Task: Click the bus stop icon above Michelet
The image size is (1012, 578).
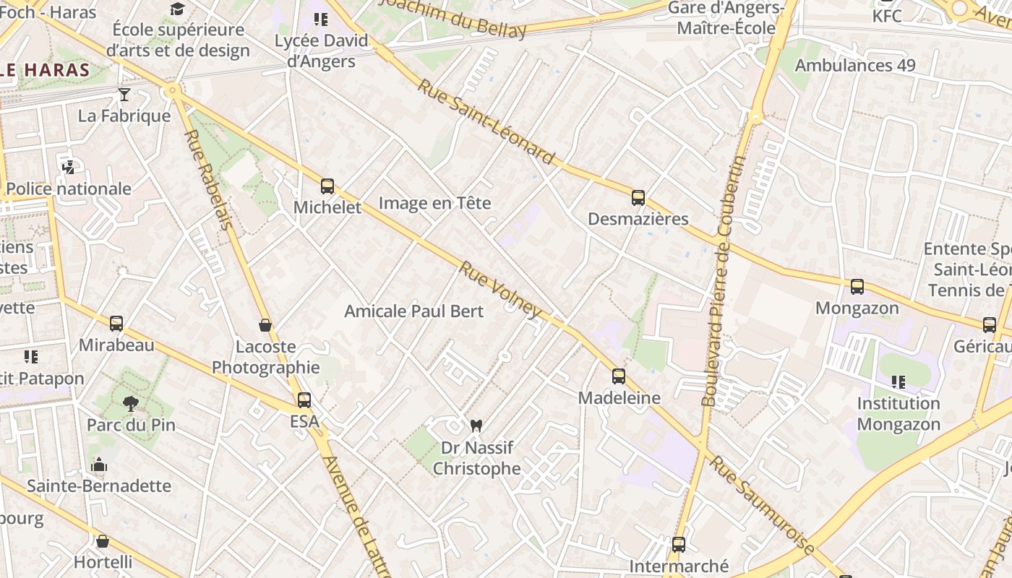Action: click(x=327, y=186)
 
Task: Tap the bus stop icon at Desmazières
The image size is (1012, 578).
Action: click(x=638, y=197)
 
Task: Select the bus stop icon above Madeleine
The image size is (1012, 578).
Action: click(x=618, y=376)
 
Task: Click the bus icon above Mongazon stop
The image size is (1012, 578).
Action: click(x=857, y=287)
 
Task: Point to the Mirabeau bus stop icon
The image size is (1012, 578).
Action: click(x=116, y=323)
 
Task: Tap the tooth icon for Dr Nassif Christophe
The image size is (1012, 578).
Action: click(x=476, y=426)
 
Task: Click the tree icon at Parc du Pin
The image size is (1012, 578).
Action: click(x=131, y=403)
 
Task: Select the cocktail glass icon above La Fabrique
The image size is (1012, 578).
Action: click(x=124, y=95)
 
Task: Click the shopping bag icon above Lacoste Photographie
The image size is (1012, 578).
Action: click(x=265, y=325)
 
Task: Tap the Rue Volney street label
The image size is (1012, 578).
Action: click(x=499, y=289)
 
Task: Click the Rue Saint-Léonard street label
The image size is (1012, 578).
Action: click(x=486, y=121)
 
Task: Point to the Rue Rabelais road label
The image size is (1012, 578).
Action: click(x=208, y=180)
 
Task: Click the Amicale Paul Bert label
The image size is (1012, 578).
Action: click(x=414, y=311)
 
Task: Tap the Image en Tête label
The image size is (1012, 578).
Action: click(x=434, y=203)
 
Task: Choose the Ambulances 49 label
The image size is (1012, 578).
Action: click(x=855, y=65)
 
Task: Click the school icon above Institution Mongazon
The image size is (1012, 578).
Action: click(x=898, y=381)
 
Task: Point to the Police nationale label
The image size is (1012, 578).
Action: click(x=69, y=189)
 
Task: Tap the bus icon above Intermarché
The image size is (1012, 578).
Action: click(x=678, y=544)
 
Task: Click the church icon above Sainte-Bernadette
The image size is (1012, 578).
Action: click(x=99, y=465)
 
